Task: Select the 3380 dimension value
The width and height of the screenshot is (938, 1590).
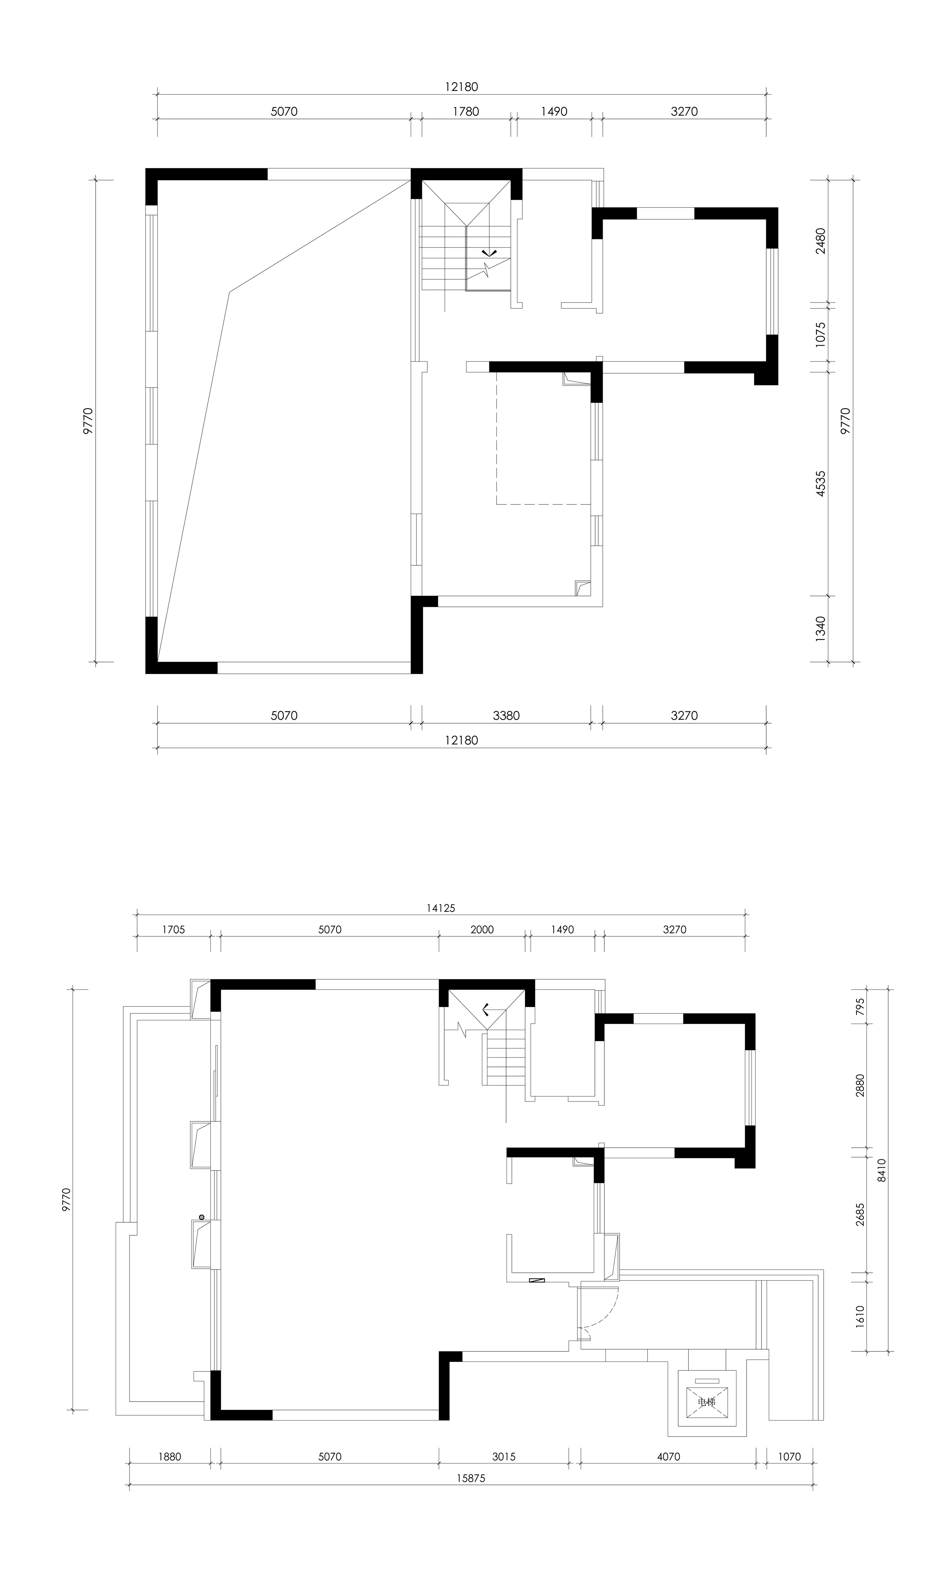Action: (x=506, y=716)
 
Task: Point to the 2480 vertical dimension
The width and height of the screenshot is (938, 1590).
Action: (x=820, y=241)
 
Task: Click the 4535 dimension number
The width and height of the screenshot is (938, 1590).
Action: (x=820, y=483)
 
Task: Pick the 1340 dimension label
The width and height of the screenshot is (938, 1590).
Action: (x=820, y=629)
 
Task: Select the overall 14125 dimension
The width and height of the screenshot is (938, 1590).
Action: (x=441, y=908)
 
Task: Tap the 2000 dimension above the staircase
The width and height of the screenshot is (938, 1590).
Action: (x=482, y=930)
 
